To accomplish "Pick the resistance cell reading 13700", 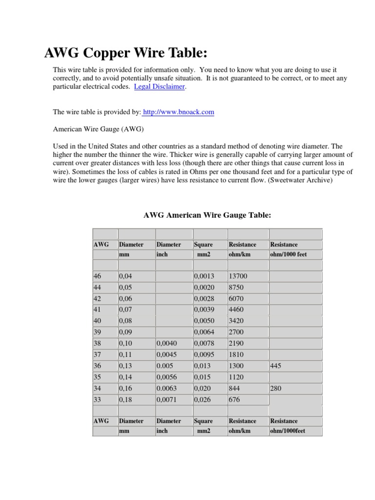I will click(238, 276).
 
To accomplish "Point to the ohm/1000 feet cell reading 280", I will click(276, 388).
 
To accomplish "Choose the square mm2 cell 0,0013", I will click(204, 276).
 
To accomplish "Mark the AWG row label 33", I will click(98, 399).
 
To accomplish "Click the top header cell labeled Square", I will click(203, 245).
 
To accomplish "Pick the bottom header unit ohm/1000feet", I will click(288, 431).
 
